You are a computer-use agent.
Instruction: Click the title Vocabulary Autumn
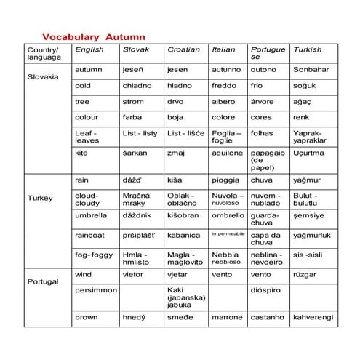point(94,36)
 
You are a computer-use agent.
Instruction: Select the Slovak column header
point(136,49)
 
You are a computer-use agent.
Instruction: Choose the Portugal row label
point(41,281)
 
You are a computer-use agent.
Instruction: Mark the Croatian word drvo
point(177,101)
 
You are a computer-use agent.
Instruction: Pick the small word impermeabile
point(228,234)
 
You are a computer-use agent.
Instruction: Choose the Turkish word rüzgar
point(305,274)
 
